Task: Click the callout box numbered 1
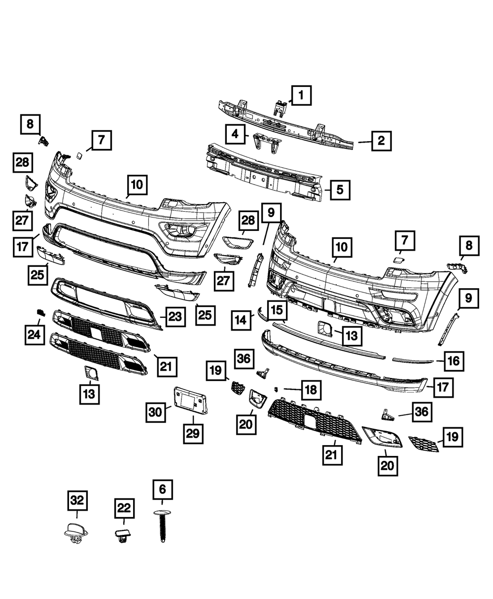pos(301,95)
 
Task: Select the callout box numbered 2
pos(381,141)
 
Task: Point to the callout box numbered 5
pos(341,189)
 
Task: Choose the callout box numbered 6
pos(163,490)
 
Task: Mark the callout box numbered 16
pos(454,361)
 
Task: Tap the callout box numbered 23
pos(175,316)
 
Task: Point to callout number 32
pos(77,502)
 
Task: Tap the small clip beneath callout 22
pos(123,535)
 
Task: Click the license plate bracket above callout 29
pos(191,400)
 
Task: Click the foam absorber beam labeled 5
pos(266,170)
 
